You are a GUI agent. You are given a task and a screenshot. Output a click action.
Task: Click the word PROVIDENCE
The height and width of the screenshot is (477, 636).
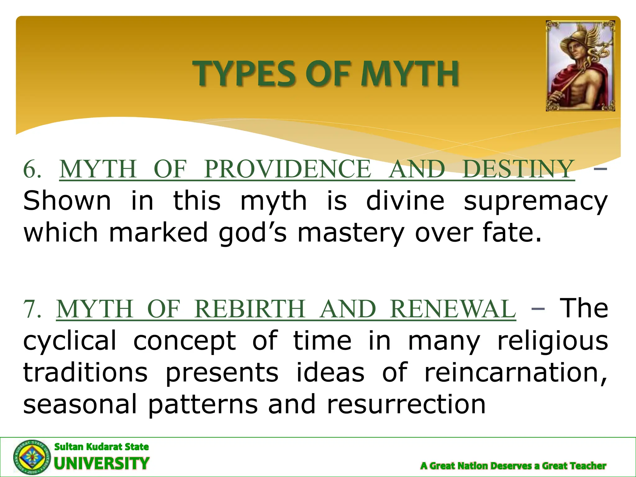coord(287,169)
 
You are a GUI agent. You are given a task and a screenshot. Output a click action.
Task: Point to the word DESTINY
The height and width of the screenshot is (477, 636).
coord(518,169)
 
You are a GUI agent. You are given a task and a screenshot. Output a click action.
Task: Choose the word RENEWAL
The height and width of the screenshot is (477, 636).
coord(452,309)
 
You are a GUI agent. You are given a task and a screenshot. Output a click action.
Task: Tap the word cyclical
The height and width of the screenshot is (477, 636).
coord(70,341)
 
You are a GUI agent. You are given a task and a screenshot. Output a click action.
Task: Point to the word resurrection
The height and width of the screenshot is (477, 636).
coord(406,404)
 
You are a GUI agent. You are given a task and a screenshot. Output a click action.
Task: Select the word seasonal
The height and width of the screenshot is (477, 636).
coord(80,404)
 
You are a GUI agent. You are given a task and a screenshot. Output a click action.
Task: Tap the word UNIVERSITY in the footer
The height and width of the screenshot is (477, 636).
coord(102,464)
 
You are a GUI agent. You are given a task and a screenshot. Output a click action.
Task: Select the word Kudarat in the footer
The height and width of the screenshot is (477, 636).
coord(105,447)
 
